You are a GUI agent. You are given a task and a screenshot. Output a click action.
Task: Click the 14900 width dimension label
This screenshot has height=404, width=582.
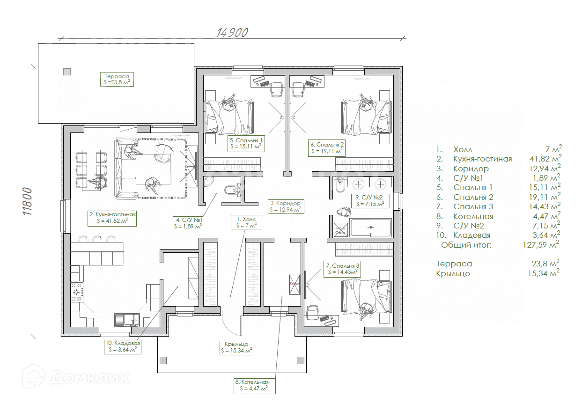[x=232, y=32]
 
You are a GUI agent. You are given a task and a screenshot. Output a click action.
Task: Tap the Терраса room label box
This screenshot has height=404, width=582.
[x=117, y=79]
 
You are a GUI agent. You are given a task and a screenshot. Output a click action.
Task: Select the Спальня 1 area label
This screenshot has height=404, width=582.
[x=246, y=143]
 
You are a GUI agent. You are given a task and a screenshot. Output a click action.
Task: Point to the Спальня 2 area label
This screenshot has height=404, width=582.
[x=326, y=148]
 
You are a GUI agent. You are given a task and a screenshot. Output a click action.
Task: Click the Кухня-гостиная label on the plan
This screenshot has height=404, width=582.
[x=112, y=218]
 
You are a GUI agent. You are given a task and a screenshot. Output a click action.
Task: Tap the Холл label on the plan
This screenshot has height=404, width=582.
[x=246, y=222]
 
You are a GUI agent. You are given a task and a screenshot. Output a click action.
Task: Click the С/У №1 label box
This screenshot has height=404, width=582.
[x=188, y=223]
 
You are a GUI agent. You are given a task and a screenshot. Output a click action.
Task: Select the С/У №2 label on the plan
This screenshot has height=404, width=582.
[x=370, y=201]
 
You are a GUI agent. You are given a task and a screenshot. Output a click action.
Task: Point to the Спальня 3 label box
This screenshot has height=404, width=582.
[x=343, y=268]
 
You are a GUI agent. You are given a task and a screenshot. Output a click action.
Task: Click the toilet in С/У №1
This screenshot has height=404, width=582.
[x=231, y=190]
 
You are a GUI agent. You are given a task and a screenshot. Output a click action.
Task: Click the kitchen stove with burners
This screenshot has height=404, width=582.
[x=77, y=293]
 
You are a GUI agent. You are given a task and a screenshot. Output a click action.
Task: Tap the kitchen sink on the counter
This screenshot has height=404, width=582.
[x=126, y=319]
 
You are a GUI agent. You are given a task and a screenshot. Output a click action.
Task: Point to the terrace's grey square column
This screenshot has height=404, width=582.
[x=67, y=72]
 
